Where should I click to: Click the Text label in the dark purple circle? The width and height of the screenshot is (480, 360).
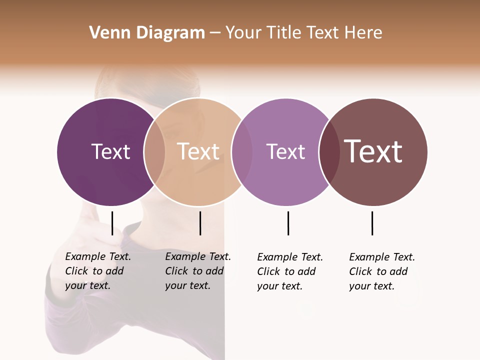tap(110, 151)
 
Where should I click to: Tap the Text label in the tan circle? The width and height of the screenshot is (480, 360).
tap(198, 151)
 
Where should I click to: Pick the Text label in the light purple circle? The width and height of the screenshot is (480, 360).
tap(285, 151)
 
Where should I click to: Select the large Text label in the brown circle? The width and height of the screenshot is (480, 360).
tap(373, 151)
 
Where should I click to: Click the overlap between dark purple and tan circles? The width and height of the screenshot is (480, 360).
tap(154, 152)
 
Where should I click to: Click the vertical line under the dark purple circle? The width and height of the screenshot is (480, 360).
tap(112, 223)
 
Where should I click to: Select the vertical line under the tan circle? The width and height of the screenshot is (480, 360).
tap(200, 223)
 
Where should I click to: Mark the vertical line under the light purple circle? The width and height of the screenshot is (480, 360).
tap(288, 223)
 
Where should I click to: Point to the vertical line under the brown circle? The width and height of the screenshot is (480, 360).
tap(372, 223)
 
